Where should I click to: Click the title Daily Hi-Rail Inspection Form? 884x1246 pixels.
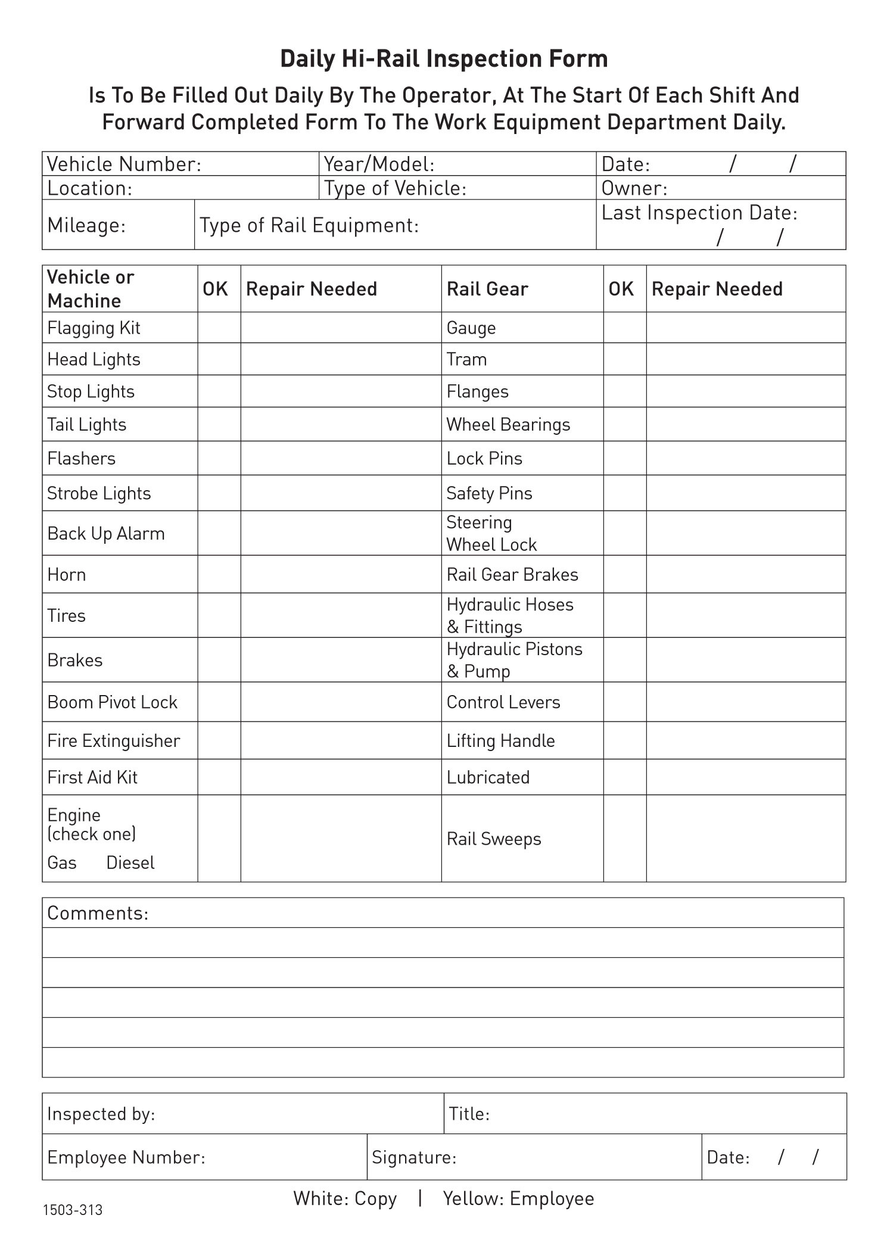[444, 59]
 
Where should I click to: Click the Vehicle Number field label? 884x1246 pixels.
[124, 164]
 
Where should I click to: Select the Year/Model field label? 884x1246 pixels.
[379, 164]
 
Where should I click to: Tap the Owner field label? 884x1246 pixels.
[634, 188]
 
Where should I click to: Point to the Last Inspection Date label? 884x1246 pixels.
[699, 213]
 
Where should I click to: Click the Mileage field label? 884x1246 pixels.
[86, 225]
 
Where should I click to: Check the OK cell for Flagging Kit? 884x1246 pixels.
[219, 328]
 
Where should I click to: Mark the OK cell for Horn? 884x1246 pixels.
[219, 574]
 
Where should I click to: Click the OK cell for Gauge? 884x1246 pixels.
[624, 328]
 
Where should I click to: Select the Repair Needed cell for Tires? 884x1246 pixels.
[341, 615]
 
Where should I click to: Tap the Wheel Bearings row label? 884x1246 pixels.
[508, 425]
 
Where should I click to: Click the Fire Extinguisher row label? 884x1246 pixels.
[113, 741]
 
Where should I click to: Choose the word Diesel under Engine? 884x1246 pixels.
[130, 862]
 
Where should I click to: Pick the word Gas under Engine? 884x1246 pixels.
[62, 862]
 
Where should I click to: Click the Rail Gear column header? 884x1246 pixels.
[487, 289]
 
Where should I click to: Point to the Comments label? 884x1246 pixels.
[98, 913]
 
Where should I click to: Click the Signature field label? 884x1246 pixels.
[414, 1157]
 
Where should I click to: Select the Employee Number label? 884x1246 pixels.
[126, 1157]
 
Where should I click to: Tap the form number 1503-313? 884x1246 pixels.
[73, 1210]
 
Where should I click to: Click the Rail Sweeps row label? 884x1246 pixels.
[494, 839]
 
